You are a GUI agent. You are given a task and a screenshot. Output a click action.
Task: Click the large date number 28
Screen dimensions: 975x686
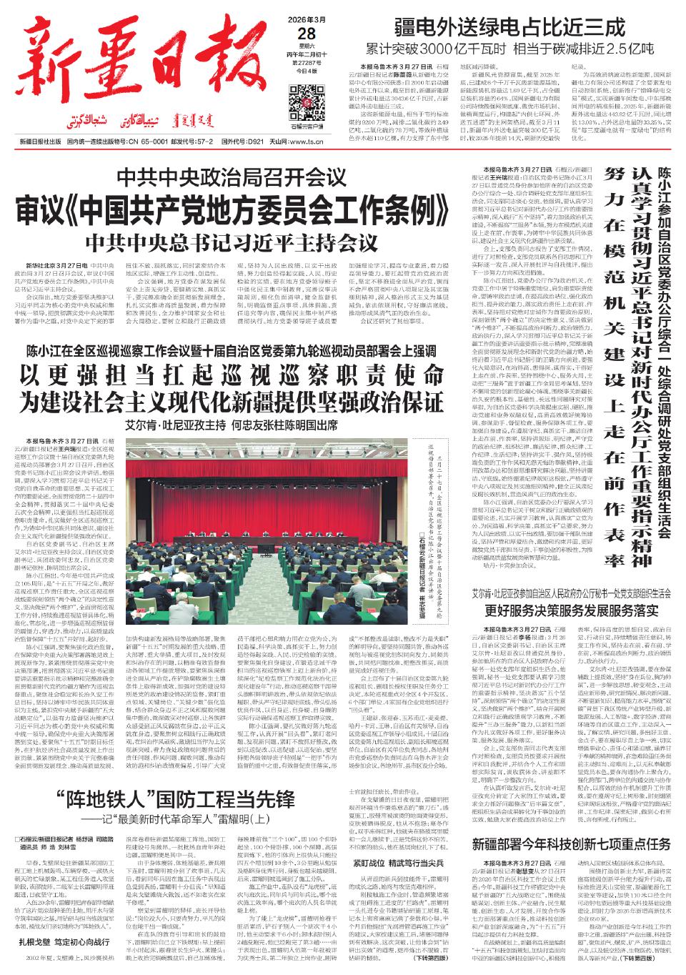click(308, 33)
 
